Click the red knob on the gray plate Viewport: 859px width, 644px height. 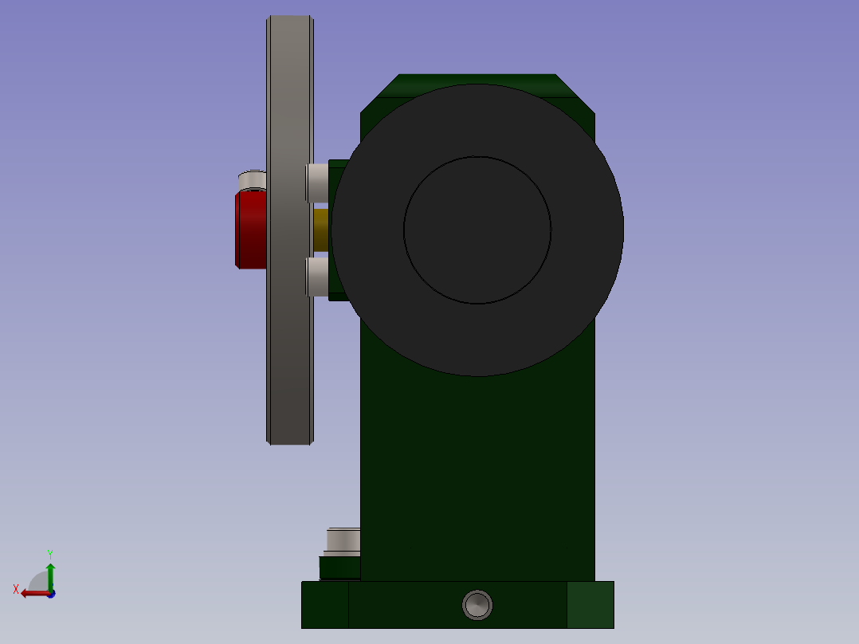pos(251,229)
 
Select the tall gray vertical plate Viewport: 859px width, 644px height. pos(290,230)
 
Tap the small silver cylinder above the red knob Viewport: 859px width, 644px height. pos(253,180)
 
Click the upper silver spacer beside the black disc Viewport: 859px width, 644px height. pos(317,183)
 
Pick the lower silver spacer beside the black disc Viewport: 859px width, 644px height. pos(317,277)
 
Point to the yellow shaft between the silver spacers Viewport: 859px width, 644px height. pos(321,230)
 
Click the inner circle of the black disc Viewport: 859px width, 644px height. pos(477,230)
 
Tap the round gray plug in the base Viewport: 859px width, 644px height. pos(477,605)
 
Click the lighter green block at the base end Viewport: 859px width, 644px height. pos(590,605)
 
